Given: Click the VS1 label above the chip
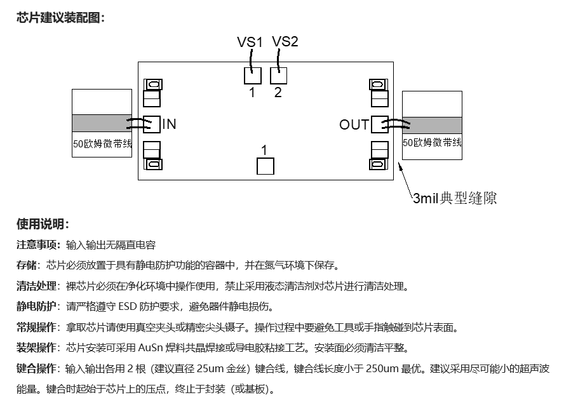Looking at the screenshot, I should (x=250, y=43).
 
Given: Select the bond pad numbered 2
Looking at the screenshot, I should (x=278, y=76).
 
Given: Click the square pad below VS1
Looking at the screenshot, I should (x=252, y=76).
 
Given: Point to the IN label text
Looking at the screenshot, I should (x=169, y=124).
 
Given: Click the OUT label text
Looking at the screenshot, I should (x=354, y=125).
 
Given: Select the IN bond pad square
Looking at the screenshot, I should (x=151, y=124).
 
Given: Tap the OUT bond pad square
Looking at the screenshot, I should (x=379, y=124).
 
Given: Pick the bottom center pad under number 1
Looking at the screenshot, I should (x=265, y=166).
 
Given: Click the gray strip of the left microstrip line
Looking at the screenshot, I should (x=102, y=123).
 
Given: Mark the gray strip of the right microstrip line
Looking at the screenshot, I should (x=432, y=125).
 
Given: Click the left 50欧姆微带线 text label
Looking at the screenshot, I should (x=102, y=144).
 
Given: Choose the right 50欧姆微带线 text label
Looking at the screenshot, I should (x=432, y=143).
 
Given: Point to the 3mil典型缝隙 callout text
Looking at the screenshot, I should (x=455, y=198).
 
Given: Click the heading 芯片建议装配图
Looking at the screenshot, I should (x=60, y=18).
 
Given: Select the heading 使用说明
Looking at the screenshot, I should (x=43, y=224).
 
